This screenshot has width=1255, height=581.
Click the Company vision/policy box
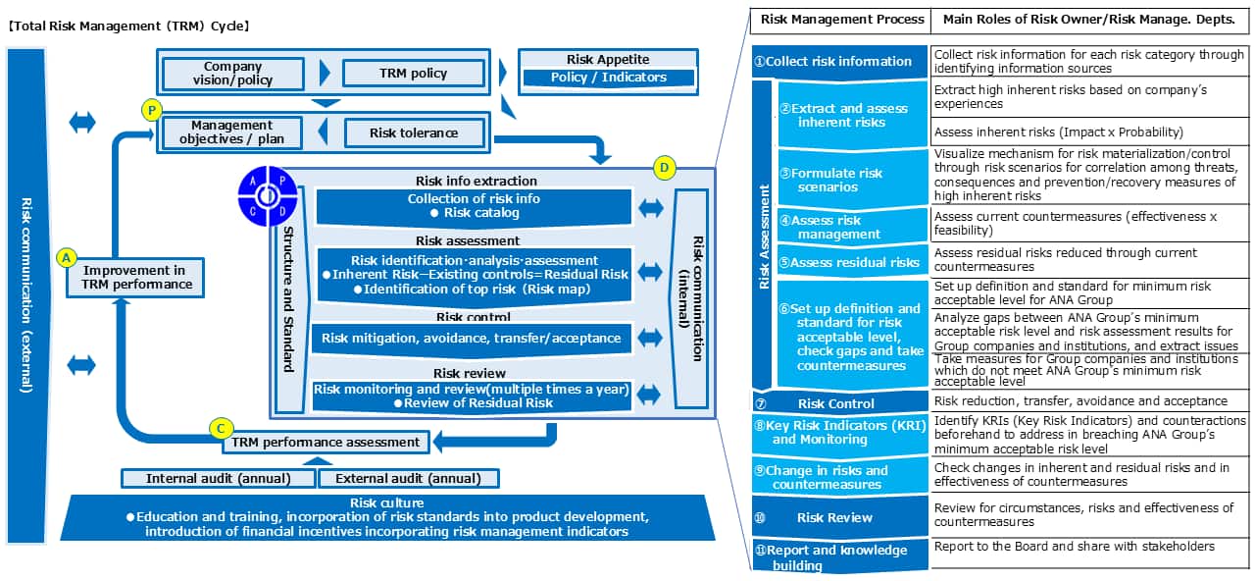[232, 74]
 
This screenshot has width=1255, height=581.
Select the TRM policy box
[413, 74]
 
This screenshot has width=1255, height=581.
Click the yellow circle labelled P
[151, 110]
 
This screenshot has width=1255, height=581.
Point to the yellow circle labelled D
[665, 169]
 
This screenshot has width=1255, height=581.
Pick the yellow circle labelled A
[67, 257]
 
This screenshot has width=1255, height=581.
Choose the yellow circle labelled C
[222, 428]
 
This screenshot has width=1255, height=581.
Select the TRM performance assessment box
[326, 443]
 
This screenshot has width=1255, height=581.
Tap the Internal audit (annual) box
[218, 479]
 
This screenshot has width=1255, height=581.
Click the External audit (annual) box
[408, 479]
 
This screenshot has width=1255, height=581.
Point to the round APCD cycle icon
[266, 197]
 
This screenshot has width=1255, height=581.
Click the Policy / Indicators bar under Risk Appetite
[608, 78]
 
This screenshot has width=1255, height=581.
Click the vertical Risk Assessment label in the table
[765, 236]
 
